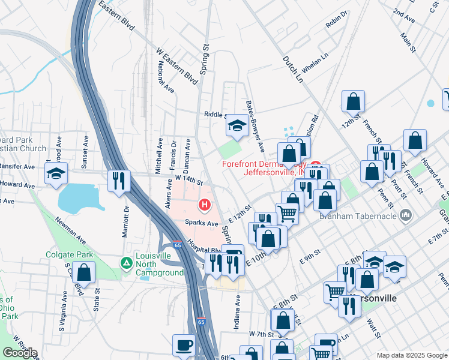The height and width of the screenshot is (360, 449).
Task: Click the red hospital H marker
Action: [205, 206]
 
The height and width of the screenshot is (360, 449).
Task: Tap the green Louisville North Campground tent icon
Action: [126, 263]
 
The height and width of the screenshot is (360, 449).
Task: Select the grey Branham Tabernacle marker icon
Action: [406, 215]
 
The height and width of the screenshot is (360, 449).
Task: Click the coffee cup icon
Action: [184, 345]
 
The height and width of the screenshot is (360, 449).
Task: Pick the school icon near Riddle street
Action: [237, 127]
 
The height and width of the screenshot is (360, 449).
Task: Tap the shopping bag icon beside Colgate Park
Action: [84, 272]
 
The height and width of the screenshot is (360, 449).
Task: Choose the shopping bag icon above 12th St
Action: [353, 101]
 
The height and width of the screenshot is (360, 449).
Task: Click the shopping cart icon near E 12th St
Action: [288, 213]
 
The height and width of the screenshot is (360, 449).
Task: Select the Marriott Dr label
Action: [126, 221]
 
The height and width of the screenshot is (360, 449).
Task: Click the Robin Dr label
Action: [337, 20]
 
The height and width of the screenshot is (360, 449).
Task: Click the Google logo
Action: [20, 353]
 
